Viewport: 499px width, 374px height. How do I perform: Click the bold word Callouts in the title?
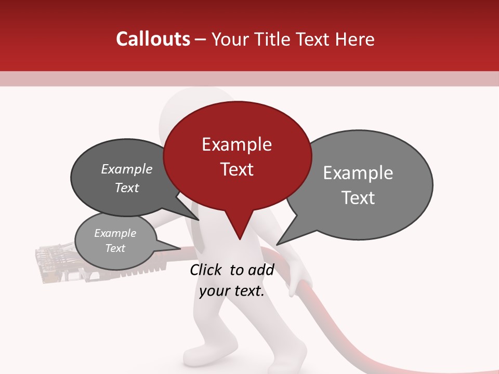[153, 39]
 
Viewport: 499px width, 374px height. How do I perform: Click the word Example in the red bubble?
[237, 144]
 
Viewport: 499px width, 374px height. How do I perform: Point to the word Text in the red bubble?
[237, 169]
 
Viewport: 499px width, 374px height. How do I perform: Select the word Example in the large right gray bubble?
[358, 173]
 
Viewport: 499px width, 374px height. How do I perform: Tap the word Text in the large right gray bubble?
[358, 198]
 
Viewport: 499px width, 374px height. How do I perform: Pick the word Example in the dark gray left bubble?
[126, 169]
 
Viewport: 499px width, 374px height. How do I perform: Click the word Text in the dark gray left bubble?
[126, 188]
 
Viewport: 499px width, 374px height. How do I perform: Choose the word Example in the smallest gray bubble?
[115, 233]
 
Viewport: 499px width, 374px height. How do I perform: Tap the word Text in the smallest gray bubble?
[115, 248]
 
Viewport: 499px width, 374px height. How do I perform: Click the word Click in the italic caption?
[207, 270]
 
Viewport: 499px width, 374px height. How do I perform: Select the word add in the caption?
[260, 270]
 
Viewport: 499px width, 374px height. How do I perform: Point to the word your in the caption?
[214, 291]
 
